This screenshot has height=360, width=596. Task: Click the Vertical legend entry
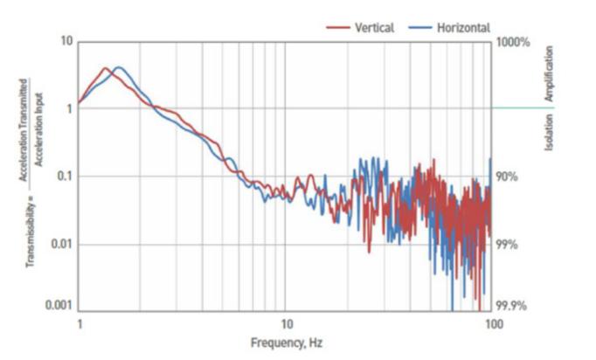click(x=374, y=27)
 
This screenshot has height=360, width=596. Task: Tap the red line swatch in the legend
click(x=338, y=27)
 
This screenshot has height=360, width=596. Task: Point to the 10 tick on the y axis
click(x=66, y=42)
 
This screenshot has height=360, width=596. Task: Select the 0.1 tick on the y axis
click(x=64, y=177)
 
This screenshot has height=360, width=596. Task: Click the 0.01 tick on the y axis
click(x=61, y=244)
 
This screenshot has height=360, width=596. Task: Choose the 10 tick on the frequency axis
click(x=285, y=323)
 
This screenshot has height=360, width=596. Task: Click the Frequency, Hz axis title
click(x=287, y=342)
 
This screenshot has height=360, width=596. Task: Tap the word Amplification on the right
click(x=550, y=73)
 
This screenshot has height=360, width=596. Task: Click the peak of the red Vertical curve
click(x=105, y=68)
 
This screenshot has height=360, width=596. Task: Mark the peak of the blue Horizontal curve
click(x=118, y=67)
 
